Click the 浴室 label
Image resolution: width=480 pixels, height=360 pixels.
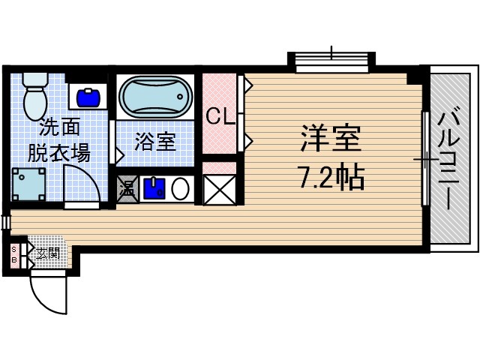[155, 142]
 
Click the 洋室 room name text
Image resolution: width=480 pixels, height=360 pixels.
[331, 139]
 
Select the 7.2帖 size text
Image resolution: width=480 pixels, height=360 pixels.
[331, 177]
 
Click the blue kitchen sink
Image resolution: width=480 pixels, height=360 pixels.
[154, 188]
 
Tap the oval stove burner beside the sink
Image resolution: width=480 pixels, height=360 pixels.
[181, 189]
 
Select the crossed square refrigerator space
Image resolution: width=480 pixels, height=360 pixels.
[219, 189]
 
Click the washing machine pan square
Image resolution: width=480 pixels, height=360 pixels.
[28, 184]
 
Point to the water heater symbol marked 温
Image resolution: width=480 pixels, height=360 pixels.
[127, 188]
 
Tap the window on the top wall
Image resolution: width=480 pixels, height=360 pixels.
[331, 62]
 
